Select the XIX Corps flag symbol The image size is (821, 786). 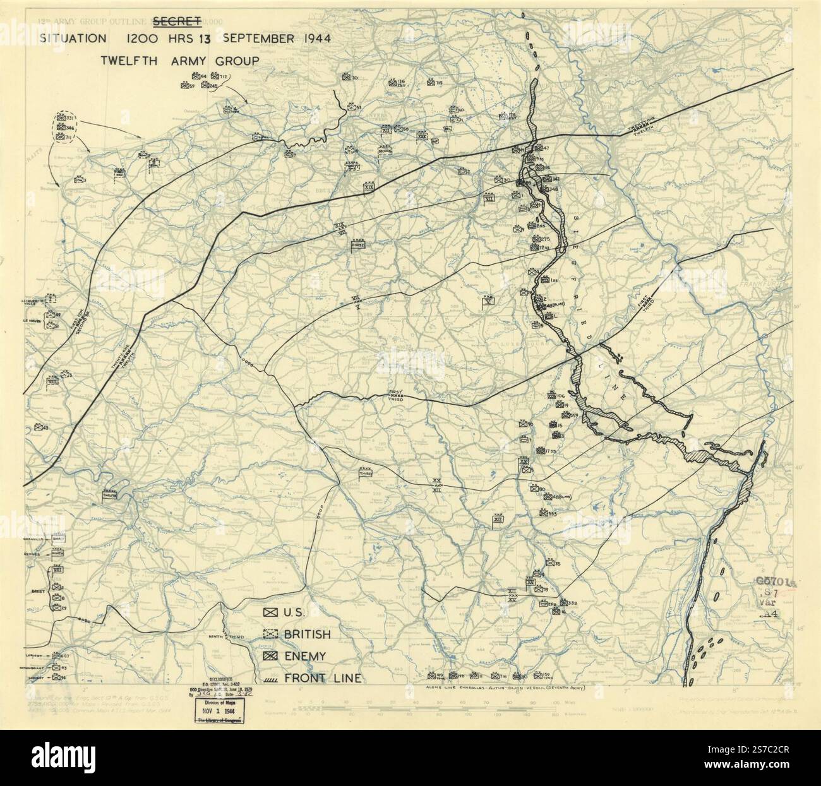(x=369, y=188)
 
